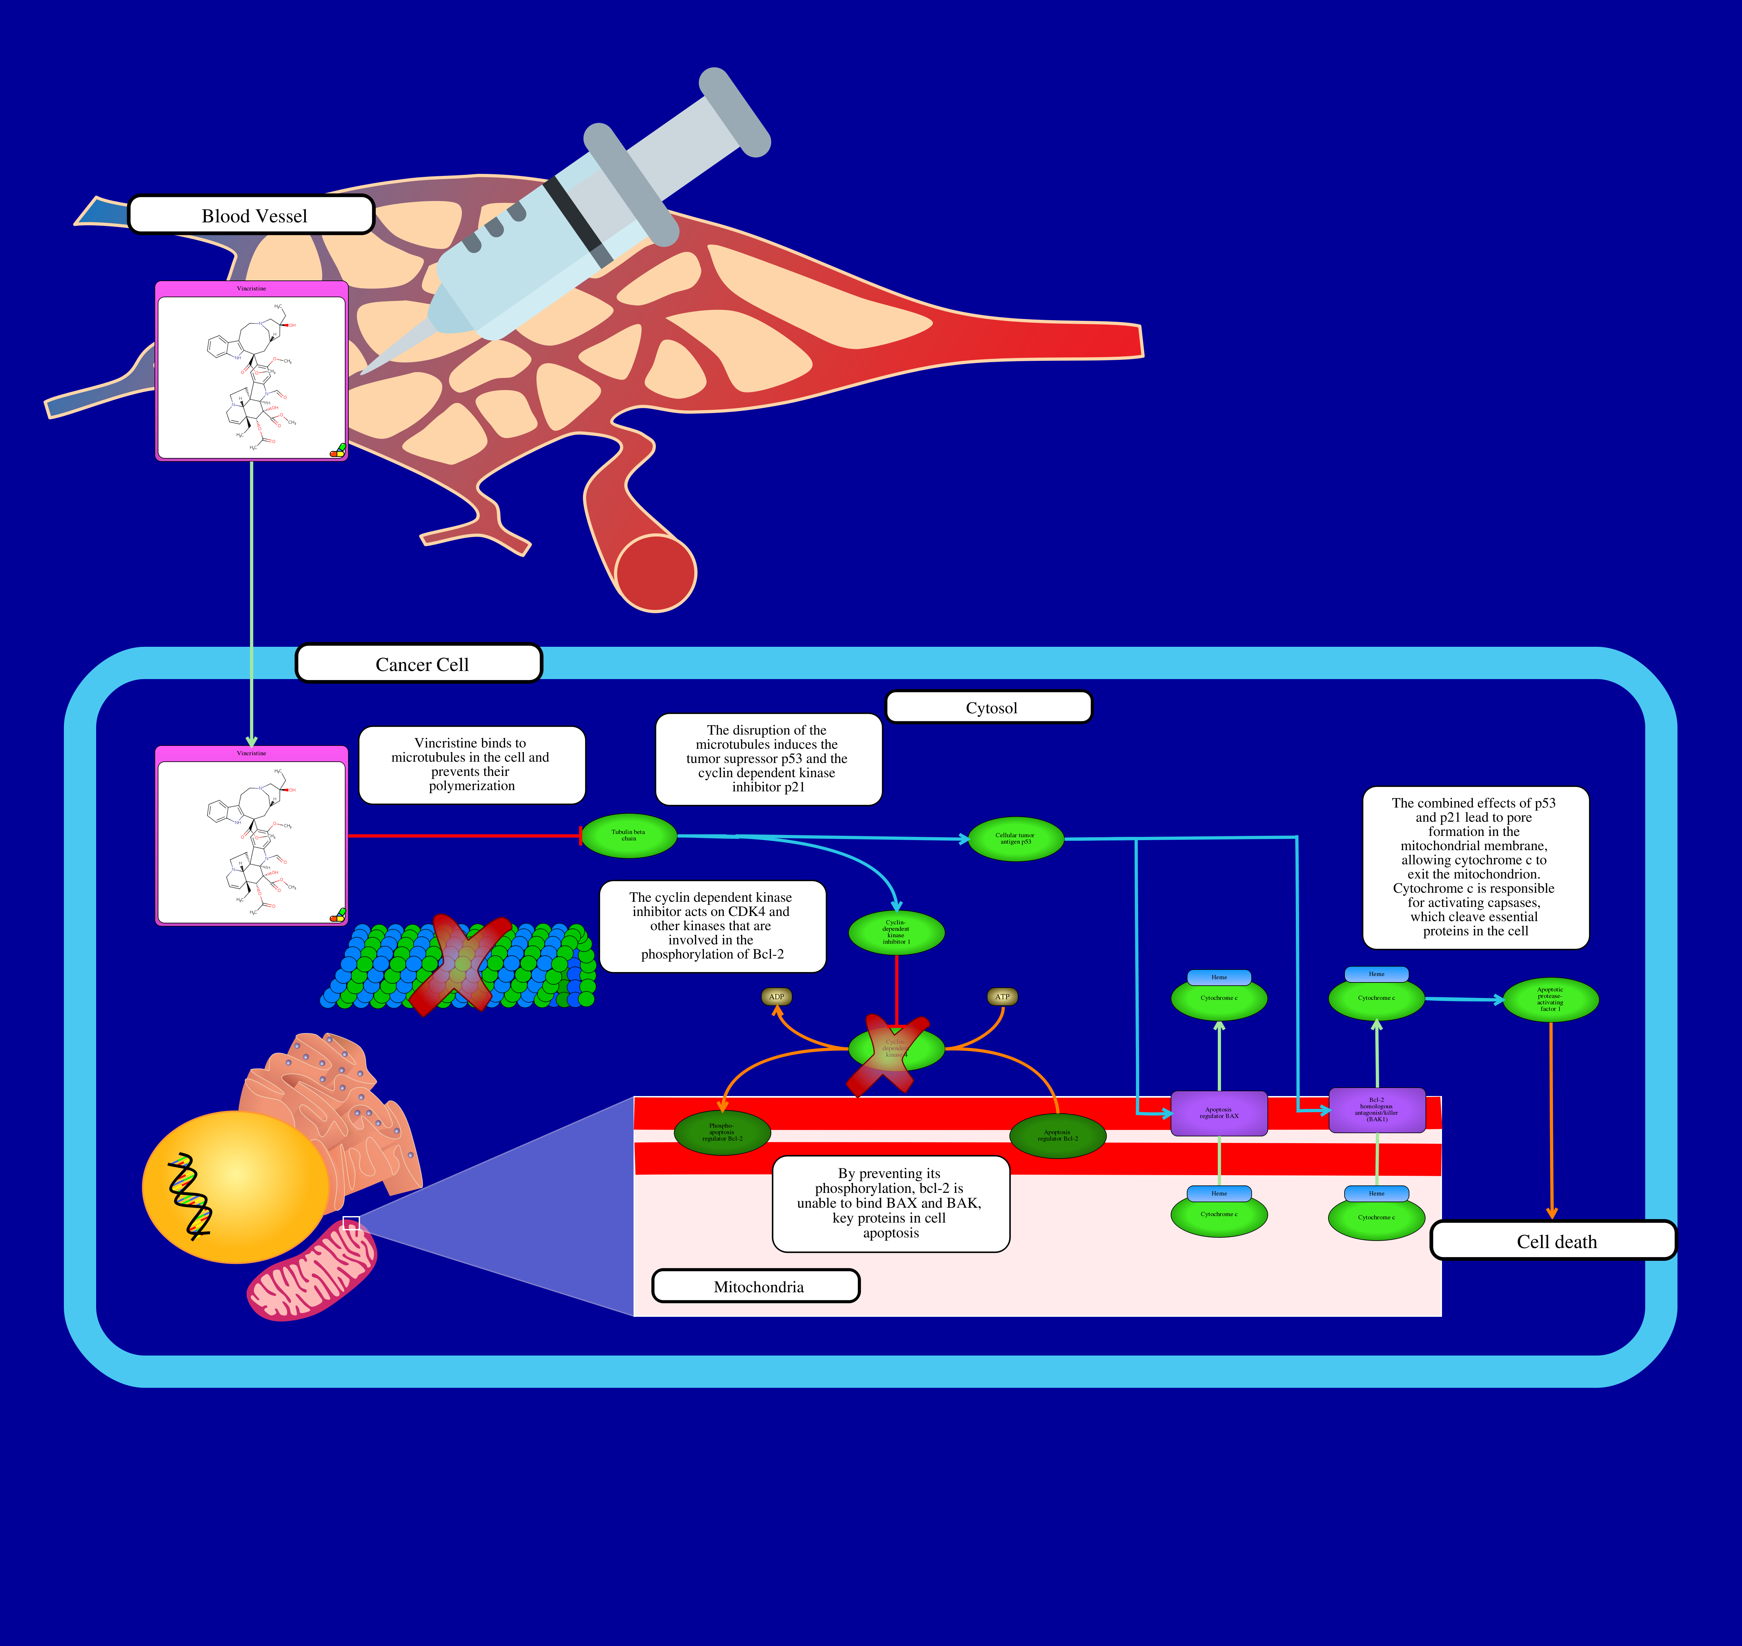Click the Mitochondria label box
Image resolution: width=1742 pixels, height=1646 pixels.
[x=756, y=1286]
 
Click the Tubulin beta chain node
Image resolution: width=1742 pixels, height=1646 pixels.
[x=629, y=835]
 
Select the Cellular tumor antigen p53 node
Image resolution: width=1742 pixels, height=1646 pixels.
[x=1016, y=839]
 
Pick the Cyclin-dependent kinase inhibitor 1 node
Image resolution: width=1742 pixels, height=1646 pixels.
[x=896, y=932]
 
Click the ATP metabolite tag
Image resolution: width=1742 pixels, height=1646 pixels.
[x=1003, y=997]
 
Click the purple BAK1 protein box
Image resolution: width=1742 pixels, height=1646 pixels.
[x=1376, y=1110]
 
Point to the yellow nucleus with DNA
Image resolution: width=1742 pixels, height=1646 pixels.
[x=235, y=1186]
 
